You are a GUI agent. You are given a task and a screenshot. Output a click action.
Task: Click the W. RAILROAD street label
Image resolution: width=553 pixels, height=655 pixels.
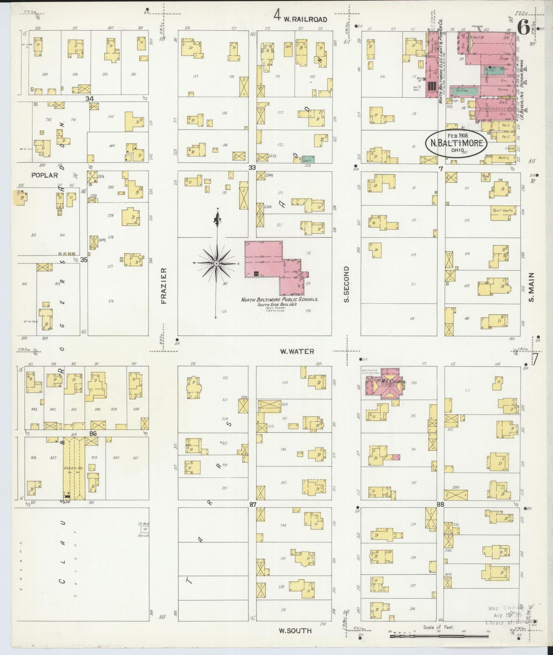click(x=305, y=19)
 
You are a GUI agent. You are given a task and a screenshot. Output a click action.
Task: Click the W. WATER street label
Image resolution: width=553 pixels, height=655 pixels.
click(x=297, y=351)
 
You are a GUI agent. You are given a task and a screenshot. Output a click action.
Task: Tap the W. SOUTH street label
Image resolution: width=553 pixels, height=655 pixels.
click(x=295, y=630)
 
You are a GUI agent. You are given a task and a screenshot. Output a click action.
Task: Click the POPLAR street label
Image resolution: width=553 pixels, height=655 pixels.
click(x=44, y=175)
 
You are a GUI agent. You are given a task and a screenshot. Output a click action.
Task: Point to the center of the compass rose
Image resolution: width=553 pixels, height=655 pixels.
click(x=217, y=264)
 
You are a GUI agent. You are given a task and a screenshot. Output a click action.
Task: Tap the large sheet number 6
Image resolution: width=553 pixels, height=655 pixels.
click(x=523, y=28)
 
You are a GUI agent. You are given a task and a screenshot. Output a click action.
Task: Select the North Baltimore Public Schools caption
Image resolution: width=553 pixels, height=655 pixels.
click(x=279, y=300)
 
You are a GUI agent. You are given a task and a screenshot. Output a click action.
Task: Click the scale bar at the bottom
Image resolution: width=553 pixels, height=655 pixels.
click(x=439, y=636)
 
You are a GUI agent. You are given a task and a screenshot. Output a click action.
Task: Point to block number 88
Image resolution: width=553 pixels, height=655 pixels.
click(x=440, y=504)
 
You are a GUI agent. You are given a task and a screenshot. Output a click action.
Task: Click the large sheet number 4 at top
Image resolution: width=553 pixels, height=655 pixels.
click(x=277, y=16)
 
